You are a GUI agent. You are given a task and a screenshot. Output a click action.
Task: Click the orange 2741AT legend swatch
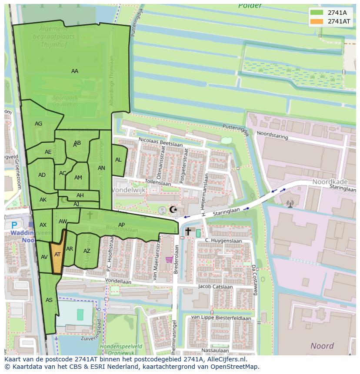[x=317, y=21]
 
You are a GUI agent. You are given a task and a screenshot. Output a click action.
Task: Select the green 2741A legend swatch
[x=317, y=13]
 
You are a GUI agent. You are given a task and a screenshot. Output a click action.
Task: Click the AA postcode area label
[x=75, y=71]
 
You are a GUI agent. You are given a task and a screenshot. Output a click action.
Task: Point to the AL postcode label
[x=118, y=160]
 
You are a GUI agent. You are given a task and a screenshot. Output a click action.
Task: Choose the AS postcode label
[x=49, y=300]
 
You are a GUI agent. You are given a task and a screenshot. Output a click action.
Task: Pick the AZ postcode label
[x=87, y=251]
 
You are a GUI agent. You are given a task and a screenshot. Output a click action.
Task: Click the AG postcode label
[x=39, y=124]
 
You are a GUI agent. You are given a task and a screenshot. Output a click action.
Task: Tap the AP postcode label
[x=122, y=225]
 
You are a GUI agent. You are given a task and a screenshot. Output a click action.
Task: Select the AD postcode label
[x=42, y=175]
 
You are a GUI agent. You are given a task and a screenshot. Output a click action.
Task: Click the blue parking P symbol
[x=14, y=225]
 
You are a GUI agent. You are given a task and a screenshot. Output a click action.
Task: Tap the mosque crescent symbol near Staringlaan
[x=173, y=210]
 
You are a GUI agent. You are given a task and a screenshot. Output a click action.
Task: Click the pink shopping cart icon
[x=169, y=260]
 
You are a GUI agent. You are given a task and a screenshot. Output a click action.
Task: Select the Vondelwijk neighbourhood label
[x=129, y=190]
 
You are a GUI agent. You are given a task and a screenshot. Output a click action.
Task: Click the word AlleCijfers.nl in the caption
[x=226, y=359]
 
